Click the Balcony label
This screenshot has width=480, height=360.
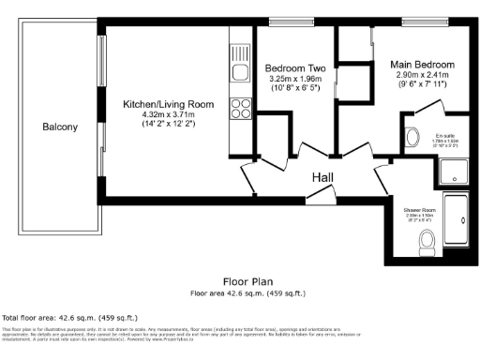pyautogui.click(x=60, y=127)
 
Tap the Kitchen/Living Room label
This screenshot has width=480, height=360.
pyautogui.click(x=171, y=103)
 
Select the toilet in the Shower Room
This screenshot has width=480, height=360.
pyautogui.click(x=427, y=242)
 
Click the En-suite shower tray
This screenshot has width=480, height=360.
pyautogui.click(x=454, y=171)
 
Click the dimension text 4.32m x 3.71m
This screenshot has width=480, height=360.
pyautogui.click(x=171, y=113)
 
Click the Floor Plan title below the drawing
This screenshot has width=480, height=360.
pyautogui.click(x=247, y=281)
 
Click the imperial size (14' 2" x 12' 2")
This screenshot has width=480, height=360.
pyautogui.click(x=171, y=124)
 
